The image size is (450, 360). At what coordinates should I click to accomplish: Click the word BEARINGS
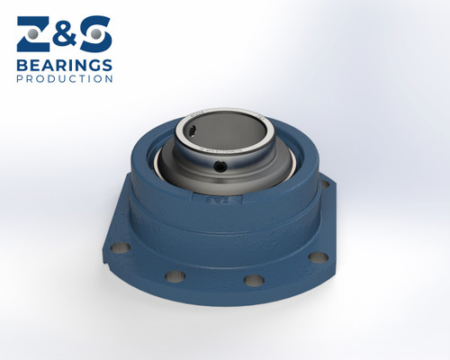point(65,65)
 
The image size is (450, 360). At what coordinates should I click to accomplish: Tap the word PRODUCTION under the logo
point(65,79)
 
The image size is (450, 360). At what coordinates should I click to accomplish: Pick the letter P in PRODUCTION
point(20,79)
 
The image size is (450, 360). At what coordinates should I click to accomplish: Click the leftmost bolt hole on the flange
point(115,246)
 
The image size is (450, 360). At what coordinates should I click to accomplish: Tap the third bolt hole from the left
point(252,281)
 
